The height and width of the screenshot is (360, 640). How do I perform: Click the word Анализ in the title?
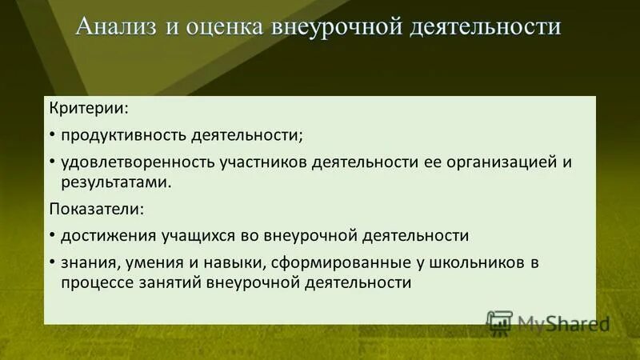[x=118, y=26]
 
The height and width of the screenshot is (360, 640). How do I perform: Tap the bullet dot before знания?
[x=52, y=262]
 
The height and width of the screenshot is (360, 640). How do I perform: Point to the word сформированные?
[x=334, y=262]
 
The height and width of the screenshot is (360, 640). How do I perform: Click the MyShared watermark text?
[x=563, y=323]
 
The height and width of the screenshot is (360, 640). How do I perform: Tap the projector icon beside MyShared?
[x=499, y=322]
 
